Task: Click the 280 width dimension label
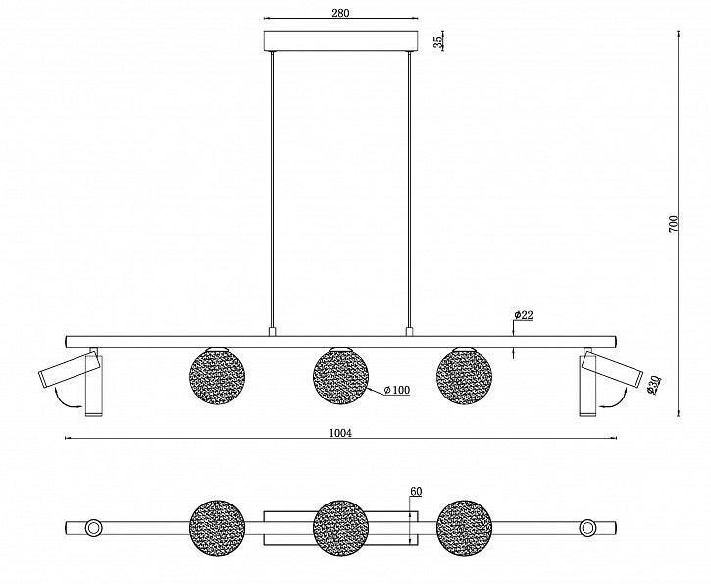point(340,12)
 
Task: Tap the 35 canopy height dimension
point(437,42)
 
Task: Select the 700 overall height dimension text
point(674,224)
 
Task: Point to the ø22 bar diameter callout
point(524,315)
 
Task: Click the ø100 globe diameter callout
point(397,390)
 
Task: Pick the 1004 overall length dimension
point(340,433)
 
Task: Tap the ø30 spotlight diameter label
point(653,385)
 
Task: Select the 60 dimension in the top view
point(416,491)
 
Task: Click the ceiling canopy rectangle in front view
point(340,41)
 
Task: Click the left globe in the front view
point(217,376)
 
